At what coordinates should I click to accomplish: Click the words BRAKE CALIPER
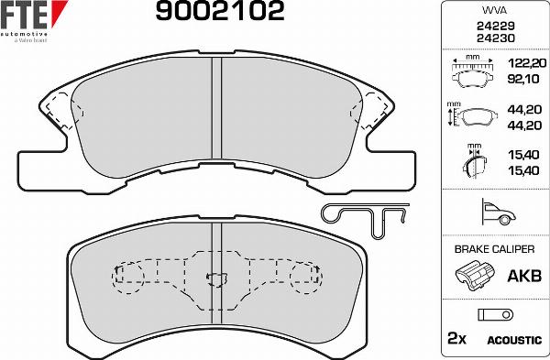[x=494, y=248]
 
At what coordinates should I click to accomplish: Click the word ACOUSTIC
[x=514, y=340]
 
